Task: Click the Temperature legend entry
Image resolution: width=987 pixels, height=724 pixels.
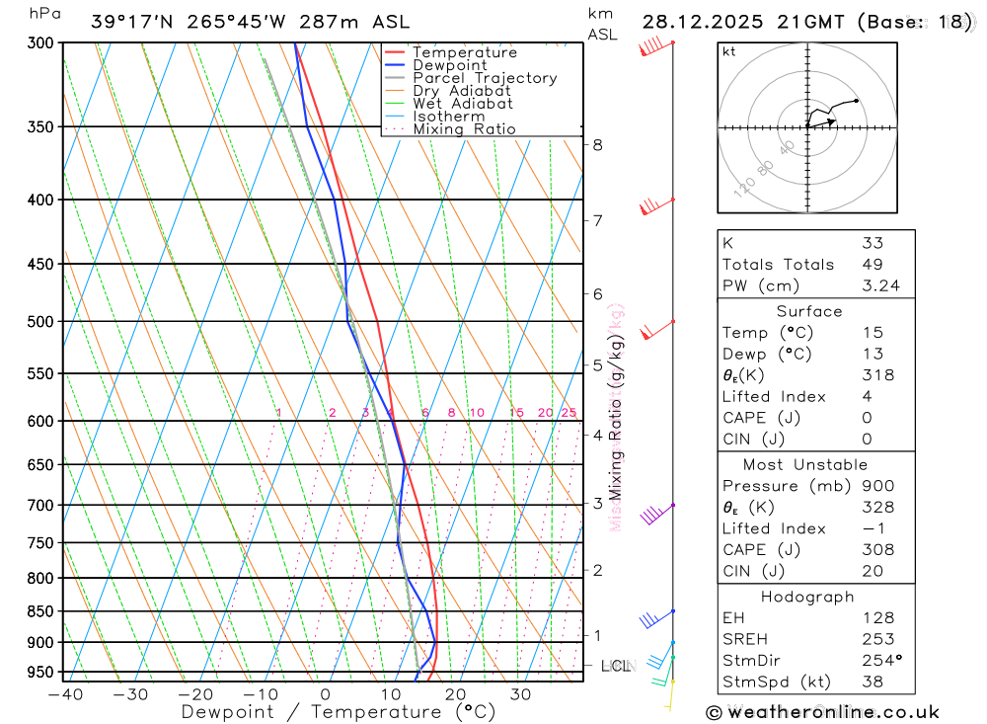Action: tap(464, 52)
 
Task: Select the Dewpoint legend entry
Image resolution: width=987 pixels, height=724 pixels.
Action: tap(449, 65)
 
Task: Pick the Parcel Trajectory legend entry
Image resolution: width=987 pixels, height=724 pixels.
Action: tap(484, 78)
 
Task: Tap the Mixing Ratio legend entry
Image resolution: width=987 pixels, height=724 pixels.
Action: tap(464, 129)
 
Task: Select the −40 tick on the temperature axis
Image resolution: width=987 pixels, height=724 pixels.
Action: tap(64, 694)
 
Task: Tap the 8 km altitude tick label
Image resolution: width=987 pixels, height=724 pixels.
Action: tap(597, 145)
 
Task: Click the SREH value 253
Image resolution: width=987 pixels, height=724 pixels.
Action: tap(874, 639)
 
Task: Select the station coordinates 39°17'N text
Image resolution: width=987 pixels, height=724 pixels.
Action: tap(128, 22)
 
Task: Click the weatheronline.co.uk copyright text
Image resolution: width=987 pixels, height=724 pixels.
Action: tap(823, 711)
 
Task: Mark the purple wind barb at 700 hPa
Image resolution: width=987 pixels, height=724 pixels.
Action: tap(653, 514)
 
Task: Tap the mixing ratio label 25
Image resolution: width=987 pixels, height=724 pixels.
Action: tap(569, 413)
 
